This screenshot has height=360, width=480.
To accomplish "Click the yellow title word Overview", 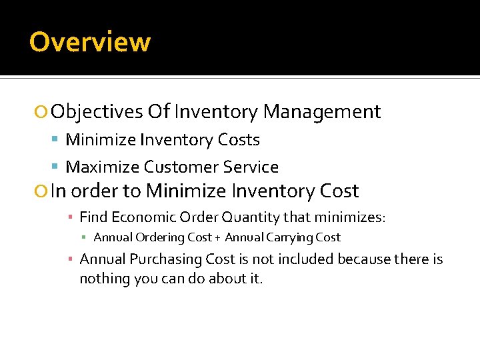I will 90,42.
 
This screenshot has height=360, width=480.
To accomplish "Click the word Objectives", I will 97,111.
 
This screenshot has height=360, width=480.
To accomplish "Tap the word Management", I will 322,111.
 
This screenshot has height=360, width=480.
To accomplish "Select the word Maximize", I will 103,167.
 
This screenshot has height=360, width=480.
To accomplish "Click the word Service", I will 252,167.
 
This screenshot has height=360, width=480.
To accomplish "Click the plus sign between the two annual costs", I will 218,238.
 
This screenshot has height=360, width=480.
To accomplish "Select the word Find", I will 94,217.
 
